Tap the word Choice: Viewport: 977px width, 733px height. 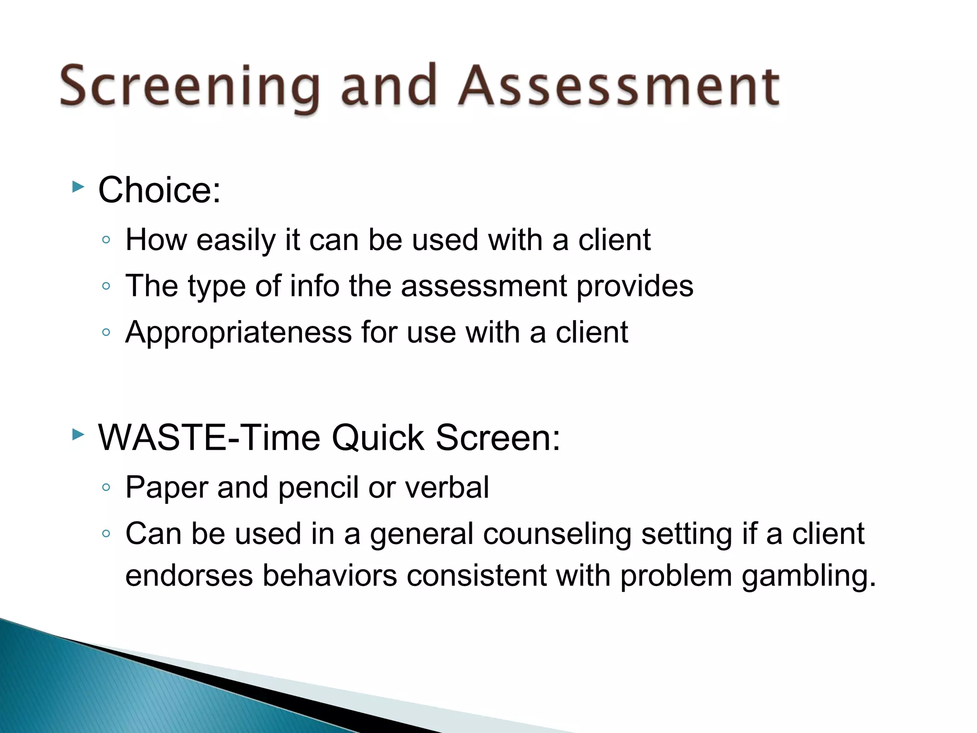click(159, 190)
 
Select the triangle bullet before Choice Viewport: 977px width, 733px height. click(78, 187)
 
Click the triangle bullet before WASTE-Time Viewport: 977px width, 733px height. click(78, 434)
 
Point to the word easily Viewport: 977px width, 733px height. click(236, 240)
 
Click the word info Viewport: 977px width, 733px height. click(314, 286)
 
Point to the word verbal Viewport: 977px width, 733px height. click(447, 488)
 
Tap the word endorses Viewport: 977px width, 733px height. click(189, 576)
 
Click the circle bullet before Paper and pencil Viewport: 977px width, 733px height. click(106, 488)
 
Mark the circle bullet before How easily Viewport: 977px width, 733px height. click(106, 240)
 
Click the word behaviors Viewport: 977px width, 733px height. click(330, 576)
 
